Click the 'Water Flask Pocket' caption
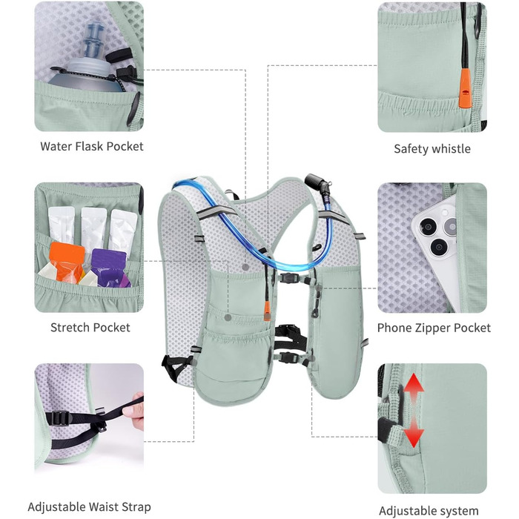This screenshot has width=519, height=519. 92,146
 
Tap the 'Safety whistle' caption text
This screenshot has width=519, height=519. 432,148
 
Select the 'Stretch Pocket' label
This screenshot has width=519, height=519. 90,328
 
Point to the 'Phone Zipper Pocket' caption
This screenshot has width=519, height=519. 434,328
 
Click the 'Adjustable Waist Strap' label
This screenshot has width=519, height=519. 89,506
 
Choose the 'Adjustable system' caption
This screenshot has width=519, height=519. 429,511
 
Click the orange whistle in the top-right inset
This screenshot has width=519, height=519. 465,87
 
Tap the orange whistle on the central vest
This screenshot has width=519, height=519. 267,311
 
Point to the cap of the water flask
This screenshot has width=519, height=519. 93,40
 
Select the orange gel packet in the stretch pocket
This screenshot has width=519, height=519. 66,262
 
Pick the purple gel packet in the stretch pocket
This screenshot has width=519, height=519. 109,268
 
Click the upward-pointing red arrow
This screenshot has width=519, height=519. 414,386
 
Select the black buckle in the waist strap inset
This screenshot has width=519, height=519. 62,418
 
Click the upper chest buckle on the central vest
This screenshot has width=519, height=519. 289,278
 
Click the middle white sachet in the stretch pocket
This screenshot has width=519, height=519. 93,229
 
